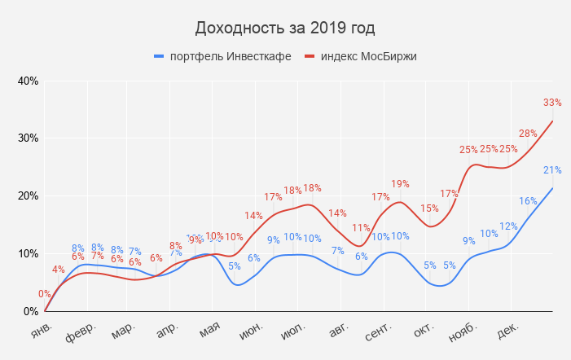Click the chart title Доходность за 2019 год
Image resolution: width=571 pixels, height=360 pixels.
point(285,29)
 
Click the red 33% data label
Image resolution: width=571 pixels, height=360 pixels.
point(552,103)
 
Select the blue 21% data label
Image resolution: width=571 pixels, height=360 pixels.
point(552,170)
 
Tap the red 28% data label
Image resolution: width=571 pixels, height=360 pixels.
point(528,133)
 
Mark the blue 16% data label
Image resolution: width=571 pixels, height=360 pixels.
point(528,201)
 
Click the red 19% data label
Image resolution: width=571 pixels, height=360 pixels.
point(400,184)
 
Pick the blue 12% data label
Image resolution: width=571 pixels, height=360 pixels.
point(508,226)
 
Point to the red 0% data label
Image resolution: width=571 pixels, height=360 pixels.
point(45,294)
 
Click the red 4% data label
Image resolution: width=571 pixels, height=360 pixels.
point(59,270)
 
